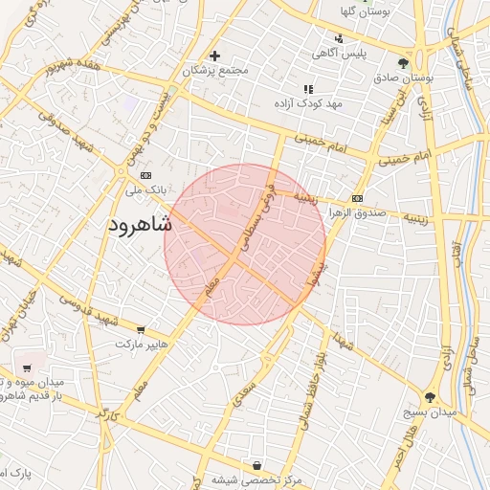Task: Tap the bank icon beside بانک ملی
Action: (145, 176)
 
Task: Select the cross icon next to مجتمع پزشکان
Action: (215, 56)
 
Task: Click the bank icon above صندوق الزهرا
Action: (357, 198)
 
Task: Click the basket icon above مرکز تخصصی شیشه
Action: (256, 466)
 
